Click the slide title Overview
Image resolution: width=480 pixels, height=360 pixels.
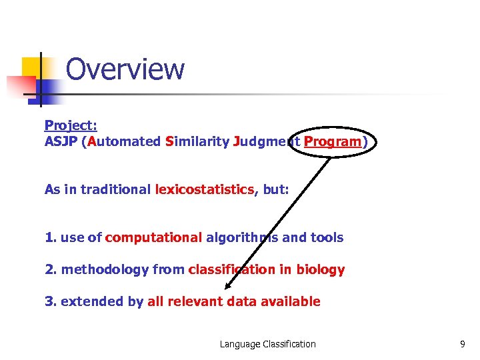[x=125, y=69]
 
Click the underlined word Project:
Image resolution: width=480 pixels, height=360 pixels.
[x=71, y=125]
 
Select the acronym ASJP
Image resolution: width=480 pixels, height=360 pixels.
[x=60, y=141]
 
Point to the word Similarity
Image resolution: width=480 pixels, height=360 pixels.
[x=197, y=141]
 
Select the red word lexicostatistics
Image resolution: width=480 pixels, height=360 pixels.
[x=204, y=189]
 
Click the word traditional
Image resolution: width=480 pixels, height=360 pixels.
[x=108, y=189]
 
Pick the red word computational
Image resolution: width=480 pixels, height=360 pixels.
[x=153, y=237]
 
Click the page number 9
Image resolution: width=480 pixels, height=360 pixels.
[x=463, y=344]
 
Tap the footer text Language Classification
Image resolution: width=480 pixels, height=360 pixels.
[x=268, y=344]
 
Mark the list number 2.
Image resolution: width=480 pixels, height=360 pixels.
[x=49, y=270]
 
